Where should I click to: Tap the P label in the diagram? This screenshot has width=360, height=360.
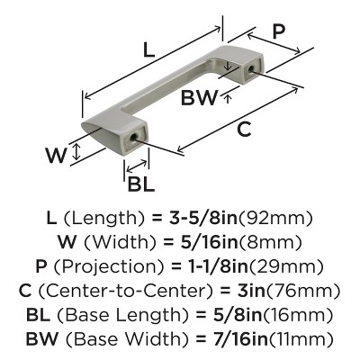click(x=279, y=31)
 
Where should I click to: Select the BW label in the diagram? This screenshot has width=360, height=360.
click(x=200, y=99)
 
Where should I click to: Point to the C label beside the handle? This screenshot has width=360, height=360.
click(x=244, y=129)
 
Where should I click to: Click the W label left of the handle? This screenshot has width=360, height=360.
click(x=57, y=154)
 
